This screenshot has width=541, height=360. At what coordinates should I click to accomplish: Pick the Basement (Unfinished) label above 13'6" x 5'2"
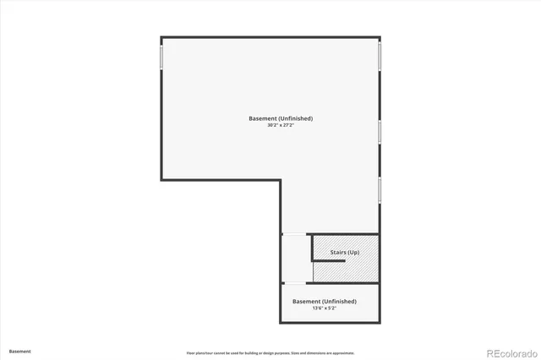[325, 301]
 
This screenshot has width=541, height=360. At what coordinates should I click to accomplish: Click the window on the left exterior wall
[161, 57]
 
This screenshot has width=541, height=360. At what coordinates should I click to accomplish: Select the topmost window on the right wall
[380, 56]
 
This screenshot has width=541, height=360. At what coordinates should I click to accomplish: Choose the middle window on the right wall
[380, 132]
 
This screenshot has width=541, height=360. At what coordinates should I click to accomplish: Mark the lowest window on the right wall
[380, 189]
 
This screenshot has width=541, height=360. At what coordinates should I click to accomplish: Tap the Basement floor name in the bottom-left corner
[20, 351]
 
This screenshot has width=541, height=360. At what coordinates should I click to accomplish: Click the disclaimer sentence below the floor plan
[270, 352]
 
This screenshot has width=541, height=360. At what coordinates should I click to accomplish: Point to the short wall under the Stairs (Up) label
[329, 261]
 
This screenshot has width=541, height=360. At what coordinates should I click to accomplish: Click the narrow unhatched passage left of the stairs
[296, 258]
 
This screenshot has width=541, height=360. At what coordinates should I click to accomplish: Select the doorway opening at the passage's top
[293, 233]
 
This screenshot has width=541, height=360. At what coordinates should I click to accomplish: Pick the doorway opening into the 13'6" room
[293, 283]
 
